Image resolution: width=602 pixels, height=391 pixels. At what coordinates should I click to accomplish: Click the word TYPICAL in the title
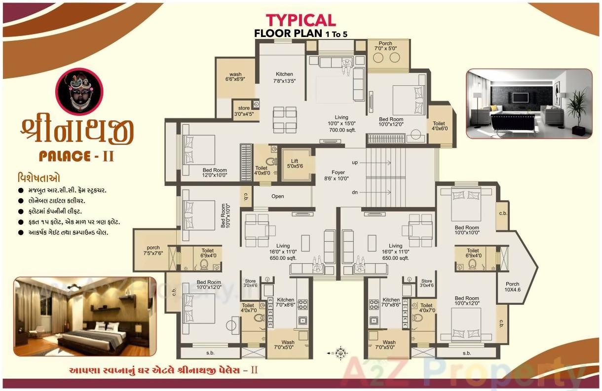click(x=301, y=20)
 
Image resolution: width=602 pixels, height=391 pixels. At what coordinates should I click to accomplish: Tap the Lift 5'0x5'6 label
click(x=295, y=164)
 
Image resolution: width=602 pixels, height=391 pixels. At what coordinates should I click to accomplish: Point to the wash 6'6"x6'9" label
click(x=235, y=77)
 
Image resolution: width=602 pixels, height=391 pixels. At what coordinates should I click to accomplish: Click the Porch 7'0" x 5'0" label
click(x=386, y=46)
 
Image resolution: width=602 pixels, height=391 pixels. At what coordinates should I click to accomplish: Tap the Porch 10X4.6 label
click(x=512, y=287)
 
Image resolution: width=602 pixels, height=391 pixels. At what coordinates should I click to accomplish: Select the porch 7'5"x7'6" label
click(x=153, y=251)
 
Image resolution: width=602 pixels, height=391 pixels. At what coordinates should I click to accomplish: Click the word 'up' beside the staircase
click(x=355, y=162)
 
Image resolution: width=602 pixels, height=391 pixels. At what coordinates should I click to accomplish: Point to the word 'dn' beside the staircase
click(x=355, y=192)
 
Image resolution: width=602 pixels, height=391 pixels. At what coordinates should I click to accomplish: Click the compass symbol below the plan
click(x=339, y=353)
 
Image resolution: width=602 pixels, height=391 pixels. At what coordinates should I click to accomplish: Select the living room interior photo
click(x=528, y=103)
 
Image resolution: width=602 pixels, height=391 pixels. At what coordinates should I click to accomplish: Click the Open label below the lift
click(x=278, y=196)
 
